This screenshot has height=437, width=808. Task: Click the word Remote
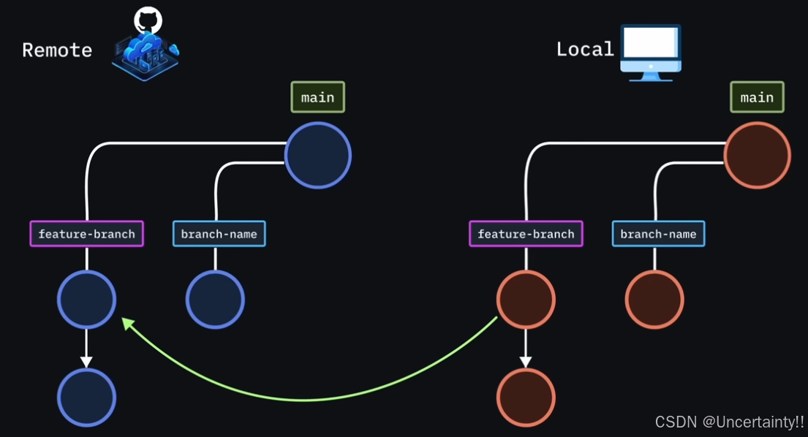[x=57, y=50]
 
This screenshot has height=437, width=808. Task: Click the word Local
[x=585, y=49]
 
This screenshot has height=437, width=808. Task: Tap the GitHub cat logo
[x=148, y=20]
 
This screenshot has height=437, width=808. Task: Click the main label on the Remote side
[x=317, y=97]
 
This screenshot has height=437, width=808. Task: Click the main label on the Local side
[x=757, y=97]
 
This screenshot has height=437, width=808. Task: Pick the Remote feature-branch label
[x=86, y=234]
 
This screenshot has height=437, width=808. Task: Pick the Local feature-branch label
[x=526, y=234]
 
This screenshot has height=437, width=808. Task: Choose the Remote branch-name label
[x=219, y=234]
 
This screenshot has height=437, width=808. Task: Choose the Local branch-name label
[x=658, y=234]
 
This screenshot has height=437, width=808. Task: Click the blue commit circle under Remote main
[x=318, y=156]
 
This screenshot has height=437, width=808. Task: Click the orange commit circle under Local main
[x=757, y=156]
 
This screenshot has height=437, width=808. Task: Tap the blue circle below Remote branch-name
[x=215, y=300]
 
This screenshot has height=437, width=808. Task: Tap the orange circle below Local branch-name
[x=654, y=300]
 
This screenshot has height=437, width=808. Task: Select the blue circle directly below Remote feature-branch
[x=86, y=300]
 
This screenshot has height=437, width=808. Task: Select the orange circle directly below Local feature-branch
[x=526, y=300]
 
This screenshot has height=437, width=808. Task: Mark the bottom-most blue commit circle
[x=86, y=398]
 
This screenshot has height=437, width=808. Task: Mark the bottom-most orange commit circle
[x=526, y=398]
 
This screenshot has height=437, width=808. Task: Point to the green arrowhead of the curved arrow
[x=127, y=323]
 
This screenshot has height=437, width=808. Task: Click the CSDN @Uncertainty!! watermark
[x=729, y=422]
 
